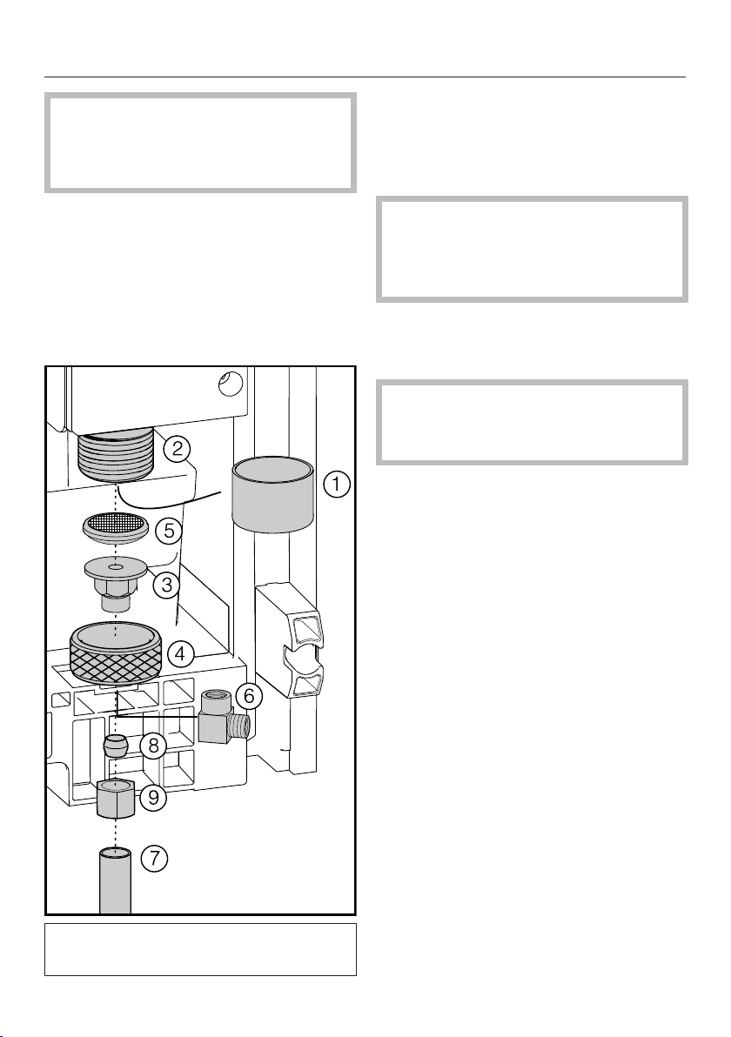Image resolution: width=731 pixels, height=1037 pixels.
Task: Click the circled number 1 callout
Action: pos(336,484)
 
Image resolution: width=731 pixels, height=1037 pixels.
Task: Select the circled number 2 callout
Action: pos(178,450)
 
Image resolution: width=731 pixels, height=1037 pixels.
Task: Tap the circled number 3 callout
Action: pos(167,585)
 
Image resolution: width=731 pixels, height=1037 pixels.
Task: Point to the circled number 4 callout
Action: pos(181,655)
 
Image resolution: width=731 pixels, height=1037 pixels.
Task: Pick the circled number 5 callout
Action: pos(169,531)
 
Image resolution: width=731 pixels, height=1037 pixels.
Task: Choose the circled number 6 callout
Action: pos(249,696)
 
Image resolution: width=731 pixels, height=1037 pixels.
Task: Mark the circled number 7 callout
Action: pos(154,859)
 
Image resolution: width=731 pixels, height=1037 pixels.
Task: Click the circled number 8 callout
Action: pos(153,746)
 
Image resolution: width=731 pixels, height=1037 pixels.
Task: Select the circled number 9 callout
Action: pos(153,797)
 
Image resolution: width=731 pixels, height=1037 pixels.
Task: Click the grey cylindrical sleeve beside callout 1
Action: pos(273,497)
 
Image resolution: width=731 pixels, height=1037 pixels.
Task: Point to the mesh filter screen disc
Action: pos(116,528)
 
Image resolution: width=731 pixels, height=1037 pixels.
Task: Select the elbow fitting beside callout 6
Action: pos(225,718)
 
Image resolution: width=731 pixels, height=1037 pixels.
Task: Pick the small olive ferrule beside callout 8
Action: pos(116,746)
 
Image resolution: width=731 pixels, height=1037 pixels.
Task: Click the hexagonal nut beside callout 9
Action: pos(116,798)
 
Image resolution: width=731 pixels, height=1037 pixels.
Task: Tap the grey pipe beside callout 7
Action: pos(115,881)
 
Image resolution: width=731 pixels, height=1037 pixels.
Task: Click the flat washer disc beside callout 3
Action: pos(116,566)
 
